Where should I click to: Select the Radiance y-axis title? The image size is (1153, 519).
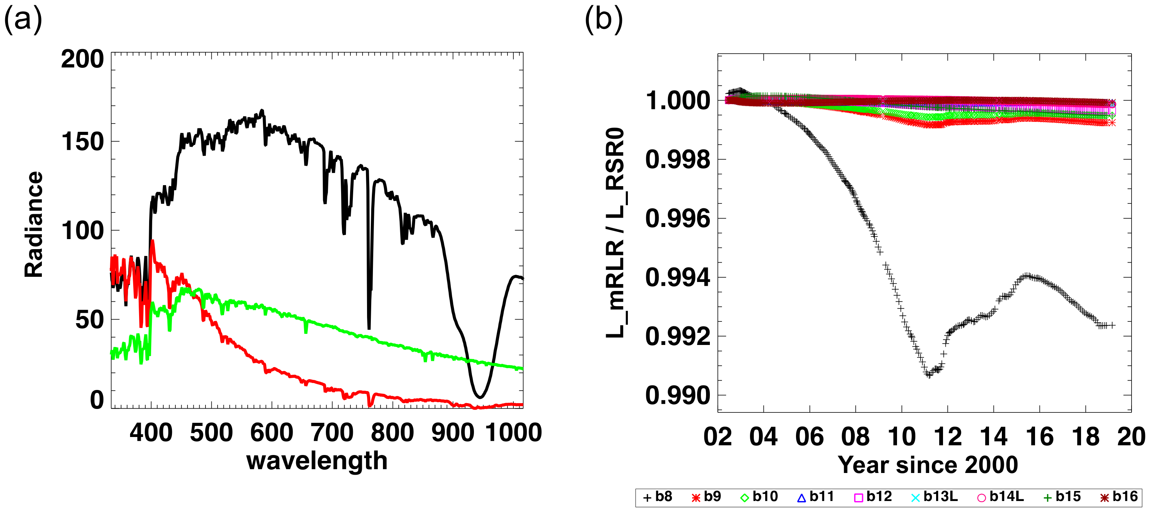tap(34, 224)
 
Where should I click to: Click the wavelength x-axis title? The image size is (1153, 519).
tap(317, 461)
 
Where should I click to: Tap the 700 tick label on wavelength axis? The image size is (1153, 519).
tap(332, 432)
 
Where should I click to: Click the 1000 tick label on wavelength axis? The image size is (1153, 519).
tap(513, 432)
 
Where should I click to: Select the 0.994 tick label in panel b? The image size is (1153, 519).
tap(678, 277)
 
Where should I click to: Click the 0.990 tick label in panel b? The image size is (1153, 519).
tap(678, 396)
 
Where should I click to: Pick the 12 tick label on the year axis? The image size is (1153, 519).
tap(948, 437)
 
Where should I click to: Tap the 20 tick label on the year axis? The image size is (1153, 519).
tap(1131, 437)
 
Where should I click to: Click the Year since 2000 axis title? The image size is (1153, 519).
tap(928, 464)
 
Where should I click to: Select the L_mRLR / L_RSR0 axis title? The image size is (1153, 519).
tap(616, 233)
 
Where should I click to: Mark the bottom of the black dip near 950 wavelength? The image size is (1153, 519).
tap(479, 397)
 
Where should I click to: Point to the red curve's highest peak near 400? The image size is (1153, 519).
tap(153, 242)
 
